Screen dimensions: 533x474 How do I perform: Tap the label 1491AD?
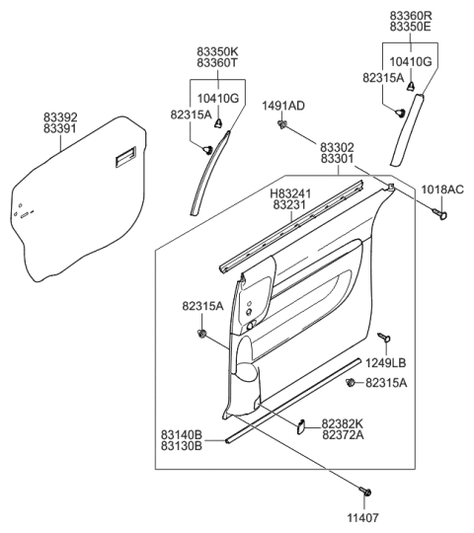tap(282, 106)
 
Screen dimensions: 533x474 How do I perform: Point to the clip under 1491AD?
tap(283, 124)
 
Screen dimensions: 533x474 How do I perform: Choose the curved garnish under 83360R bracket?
tap(408, 128)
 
